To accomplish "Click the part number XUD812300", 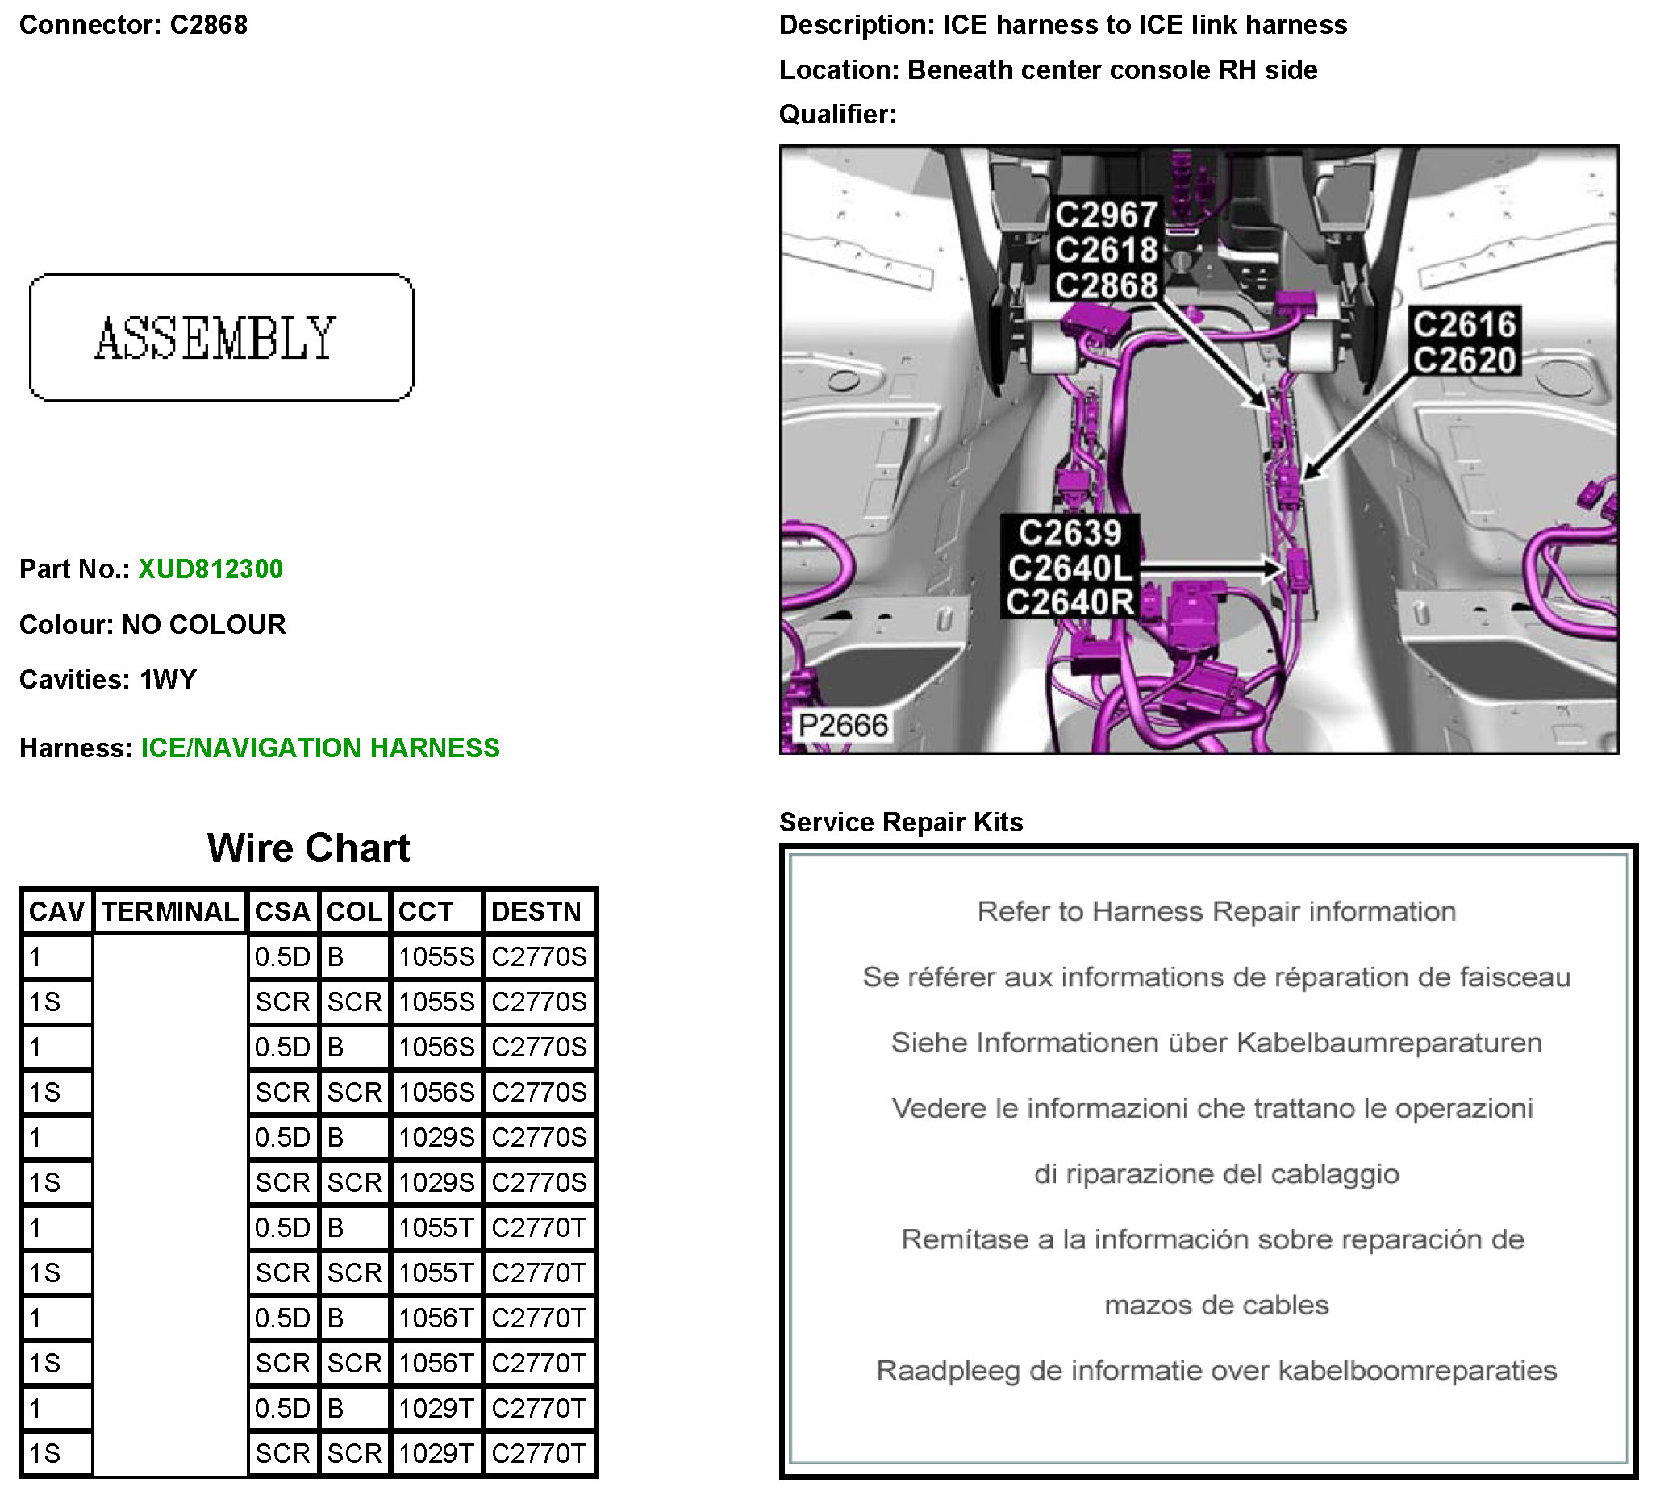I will pyautogui.click(x=210, y=569).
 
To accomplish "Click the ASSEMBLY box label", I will pyautogui.click(x=215, y=339).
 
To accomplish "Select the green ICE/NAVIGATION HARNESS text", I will pyautogui.click(x=320, y=748).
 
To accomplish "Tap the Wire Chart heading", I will pyautogui.click(x=308, y=848).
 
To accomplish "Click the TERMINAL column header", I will pyautogui.click(x=169, y=912).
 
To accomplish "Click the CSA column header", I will pyautogui.click(x=282, y=912).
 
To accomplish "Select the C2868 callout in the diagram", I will pyautogui.click(x=1107, y=285).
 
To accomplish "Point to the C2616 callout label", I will pyautogui.click(x=1464, y=325).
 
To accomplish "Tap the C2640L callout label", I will pyautogui.click(x=1070, y=568).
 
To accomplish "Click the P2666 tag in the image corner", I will pyautogui.click(x=843, y=726).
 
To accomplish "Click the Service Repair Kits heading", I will pyautogui.click(x=901, y=823).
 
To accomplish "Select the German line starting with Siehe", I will pyautogui.click(x=1216, y=1043).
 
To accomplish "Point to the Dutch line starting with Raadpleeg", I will pyautogui.click(x=1216, y=1370).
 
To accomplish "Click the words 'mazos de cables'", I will pyautogui.click(x=1216, y=1306).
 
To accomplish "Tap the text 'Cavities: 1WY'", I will pyautogui.click(x=108, y=680).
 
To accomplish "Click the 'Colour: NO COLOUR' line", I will pyautogui.click(x=152, y=625).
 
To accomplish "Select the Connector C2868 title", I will pyautogui.click(x=133, y=25).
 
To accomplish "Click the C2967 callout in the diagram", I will pyautogui.click(x=1107, y=215).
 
